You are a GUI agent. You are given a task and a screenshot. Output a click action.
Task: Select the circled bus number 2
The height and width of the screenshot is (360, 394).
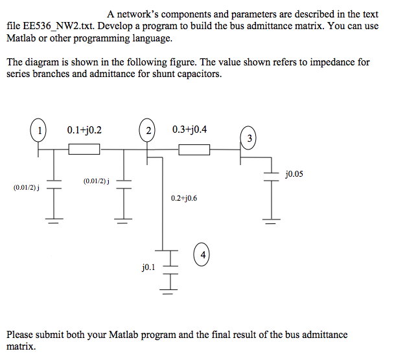[148, 130]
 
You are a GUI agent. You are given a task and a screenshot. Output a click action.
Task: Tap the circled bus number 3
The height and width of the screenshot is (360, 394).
[250, 138]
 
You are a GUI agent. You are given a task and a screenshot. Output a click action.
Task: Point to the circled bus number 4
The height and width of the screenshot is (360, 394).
[203, 254]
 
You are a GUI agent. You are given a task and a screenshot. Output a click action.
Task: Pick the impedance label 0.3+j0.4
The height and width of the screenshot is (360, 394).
[190, 129]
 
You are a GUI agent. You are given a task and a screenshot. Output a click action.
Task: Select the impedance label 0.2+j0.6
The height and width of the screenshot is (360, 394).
[184, 198]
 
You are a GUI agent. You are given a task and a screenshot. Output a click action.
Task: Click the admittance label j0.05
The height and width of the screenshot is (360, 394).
[294, 174]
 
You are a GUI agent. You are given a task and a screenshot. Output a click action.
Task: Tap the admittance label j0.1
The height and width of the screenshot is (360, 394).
[148, 265]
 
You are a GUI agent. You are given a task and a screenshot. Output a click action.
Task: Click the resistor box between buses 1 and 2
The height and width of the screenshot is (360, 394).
[84, 150]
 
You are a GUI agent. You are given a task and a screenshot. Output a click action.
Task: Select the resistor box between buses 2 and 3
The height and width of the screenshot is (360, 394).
[194, 150]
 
